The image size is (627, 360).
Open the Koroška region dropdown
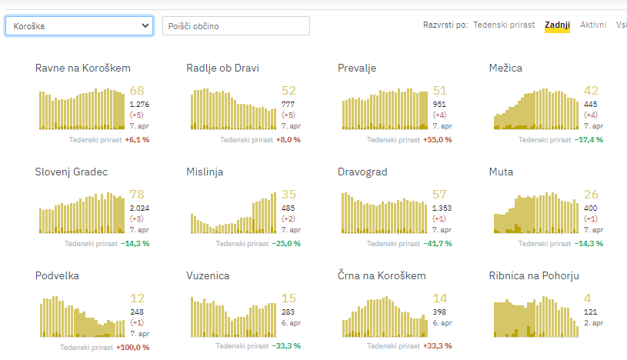[x=80, y=26]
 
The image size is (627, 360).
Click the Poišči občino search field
[x=236, y=26]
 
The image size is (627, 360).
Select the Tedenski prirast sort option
[x=504, y=25]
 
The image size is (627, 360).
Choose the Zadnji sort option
[x=557, y=25]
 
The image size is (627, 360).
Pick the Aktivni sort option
[x=593, y=25]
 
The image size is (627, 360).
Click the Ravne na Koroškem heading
[x=83, y=68]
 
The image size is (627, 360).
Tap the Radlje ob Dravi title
[x=223, y=68]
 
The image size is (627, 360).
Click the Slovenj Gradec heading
[x=72, y=172]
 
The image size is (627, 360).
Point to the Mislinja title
[x=205, y=172]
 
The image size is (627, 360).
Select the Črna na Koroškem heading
[x=382, y=275]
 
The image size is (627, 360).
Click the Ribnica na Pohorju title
[x=534, y=275]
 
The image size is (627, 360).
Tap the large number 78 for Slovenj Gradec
[x=138, y=195]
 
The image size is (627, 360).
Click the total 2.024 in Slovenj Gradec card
[x=140, y=208]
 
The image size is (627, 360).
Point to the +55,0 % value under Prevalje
[x=437, y=140]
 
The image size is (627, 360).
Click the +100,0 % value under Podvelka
[x=132, y=347]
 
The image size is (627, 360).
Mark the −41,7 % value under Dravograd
[x=437, y=243]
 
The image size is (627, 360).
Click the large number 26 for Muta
[x=591, y=195]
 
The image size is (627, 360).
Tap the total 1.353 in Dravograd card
[x=442, y=208]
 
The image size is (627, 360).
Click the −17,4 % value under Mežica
[x=589, y=140]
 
